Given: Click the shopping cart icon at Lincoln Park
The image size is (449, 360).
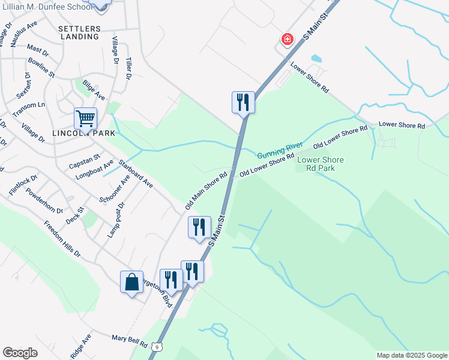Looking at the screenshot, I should click(85, 118).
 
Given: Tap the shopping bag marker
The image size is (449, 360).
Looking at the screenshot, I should click(131, 282).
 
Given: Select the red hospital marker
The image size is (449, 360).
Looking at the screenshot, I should click(288, 40).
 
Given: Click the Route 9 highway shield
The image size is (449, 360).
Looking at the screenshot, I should click(157, 346).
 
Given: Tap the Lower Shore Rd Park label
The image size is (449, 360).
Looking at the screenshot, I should click(321, 164).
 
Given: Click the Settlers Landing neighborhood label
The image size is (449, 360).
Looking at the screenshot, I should click(79, 32).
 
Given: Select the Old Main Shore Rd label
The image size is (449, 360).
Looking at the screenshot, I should click(206, 190).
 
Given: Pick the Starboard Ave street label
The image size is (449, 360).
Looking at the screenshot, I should click(135, 174).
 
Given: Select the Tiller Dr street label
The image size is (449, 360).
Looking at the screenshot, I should click(128, 68).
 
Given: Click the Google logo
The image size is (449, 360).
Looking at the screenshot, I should click(20, 353).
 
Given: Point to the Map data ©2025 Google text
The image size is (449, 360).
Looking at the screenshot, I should click(412, 355).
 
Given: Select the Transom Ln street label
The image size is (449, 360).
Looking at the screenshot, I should click(29, 109).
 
